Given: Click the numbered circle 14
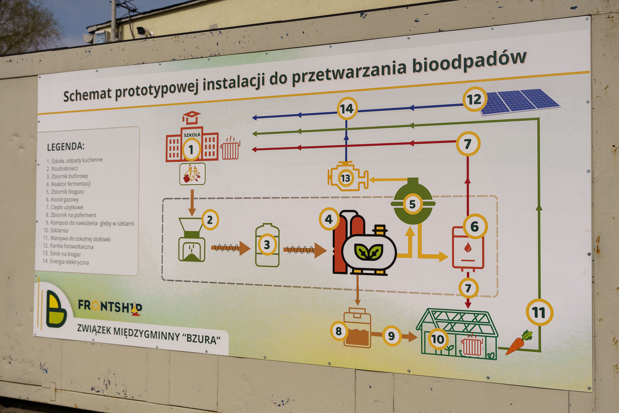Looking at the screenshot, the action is [347, 109].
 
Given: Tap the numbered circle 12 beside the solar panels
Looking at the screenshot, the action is [475, 99].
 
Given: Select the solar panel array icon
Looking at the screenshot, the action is [520, 102].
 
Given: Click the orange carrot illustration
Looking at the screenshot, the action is [518, 342].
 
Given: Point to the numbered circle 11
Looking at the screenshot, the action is [539, 312].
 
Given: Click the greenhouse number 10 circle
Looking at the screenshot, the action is [438, 339].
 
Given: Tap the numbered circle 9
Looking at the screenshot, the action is [391, 336].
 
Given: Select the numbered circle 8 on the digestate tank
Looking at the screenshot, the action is [339, 331].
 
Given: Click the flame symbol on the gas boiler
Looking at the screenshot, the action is [468, 247].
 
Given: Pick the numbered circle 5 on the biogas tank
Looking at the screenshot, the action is [413, 204].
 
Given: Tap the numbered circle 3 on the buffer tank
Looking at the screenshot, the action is [267, 245].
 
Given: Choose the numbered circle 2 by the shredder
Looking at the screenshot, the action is [210, 220].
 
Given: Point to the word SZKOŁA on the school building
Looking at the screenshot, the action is [192, 135].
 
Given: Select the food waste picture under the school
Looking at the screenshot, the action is [192, 174].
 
